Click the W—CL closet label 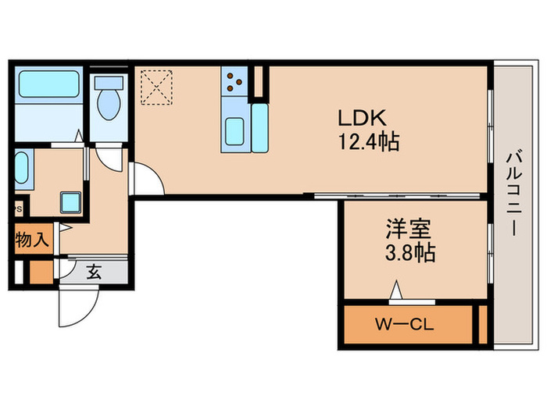(405, 323)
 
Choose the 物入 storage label (31, 240)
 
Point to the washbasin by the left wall (21, 167)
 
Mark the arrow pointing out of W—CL (397, 292)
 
